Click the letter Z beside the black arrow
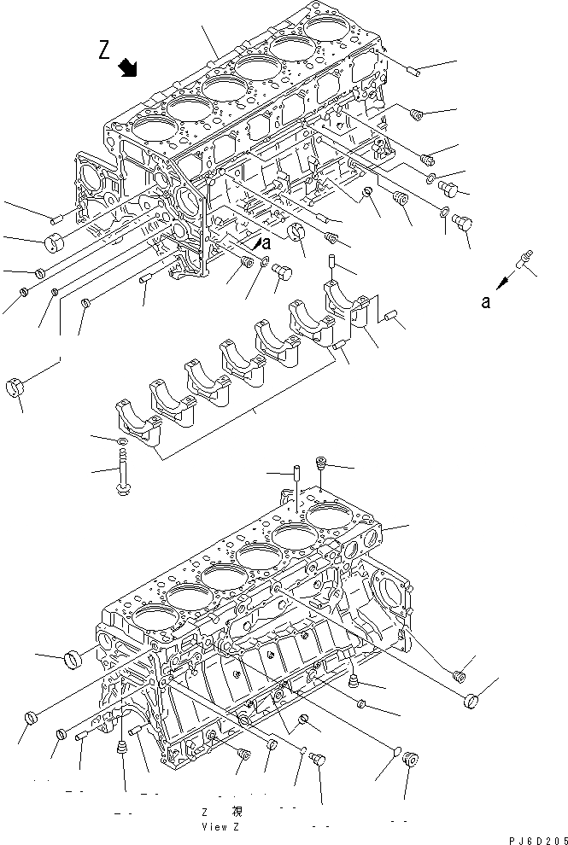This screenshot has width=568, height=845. [104, 51]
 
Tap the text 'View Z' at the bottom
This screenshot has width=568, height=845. [222, 826]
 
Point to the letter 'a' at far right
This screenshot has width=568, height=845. [485, 301]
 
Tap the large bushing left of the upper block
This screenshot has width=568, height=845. [56, 242]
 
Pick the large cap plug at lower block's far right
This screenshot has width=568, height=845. [470, 702]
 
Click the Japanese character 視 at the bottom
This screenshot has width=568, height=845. [237, 812]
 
